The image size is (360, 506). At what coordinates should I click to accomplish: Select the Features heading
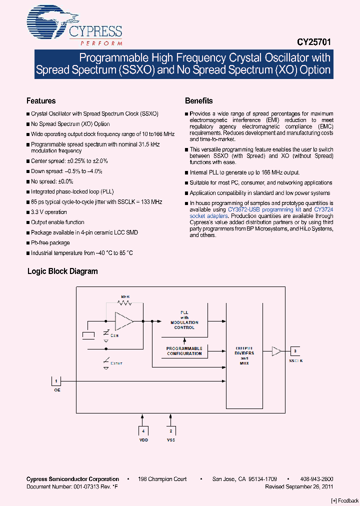coord(41,101)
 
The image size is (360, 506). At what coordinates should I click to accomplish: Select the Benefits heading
coord(199,101)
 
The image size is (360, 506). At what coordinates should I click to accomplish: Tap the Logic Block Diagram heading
coord(62,271)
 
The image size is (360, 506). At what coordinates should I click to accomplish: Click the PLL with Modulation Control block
coord(184,320)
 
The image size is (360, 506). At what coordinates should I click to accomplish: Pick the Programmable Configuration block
coord(184,351)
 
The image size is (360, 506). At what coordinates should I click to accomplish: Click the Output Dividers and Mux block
coord(244,355)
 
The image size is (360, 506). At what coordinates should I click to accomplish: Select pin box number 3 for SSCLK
coord(295,351)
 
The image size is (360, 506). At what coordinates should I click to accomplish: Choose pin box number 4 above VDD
coord(143,430)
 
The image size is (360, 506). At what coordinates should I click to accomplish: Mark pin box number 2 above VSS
coord(171,430)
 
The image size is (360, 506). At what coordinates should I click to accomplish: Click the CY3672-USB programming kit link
coord(264,210)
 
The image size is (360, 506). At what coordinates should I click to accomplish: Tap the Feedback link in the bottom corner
coord(345,500)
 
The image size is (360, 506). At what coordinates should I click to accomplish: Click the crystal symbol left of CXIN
coord(88,335)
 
